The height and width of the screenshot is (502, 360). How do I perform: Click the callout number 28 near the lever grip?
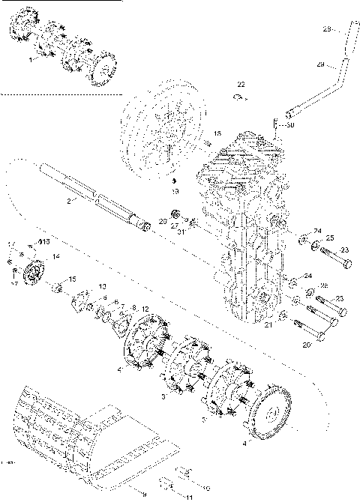pyautogui.click(x=326, y=30)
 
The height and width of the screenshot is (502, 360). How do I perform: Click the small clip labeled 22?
pyautogui.click(x=236, y=95)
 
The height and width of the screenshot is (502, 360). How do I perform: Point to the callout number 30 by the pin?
pyautogui.click(x=290, y=125)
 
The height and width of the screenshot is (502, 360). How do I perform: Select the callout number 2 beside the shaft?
pyautogui.click(x=68, y=202)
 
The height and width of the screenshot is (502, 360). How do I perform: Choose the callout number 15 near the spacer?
pyautogui.click(x=72, y=279)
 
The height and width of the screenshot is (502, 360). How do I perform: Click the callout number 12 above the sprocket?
pyautogui.click(x=145, y=309)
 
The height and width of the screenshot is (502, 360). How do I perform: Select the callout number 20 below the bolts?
pyautogui.click(x=305, y=345)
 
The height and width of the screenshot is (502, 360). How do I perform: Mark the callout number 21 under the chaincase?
pyautogui.click(x=268, y=324)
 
